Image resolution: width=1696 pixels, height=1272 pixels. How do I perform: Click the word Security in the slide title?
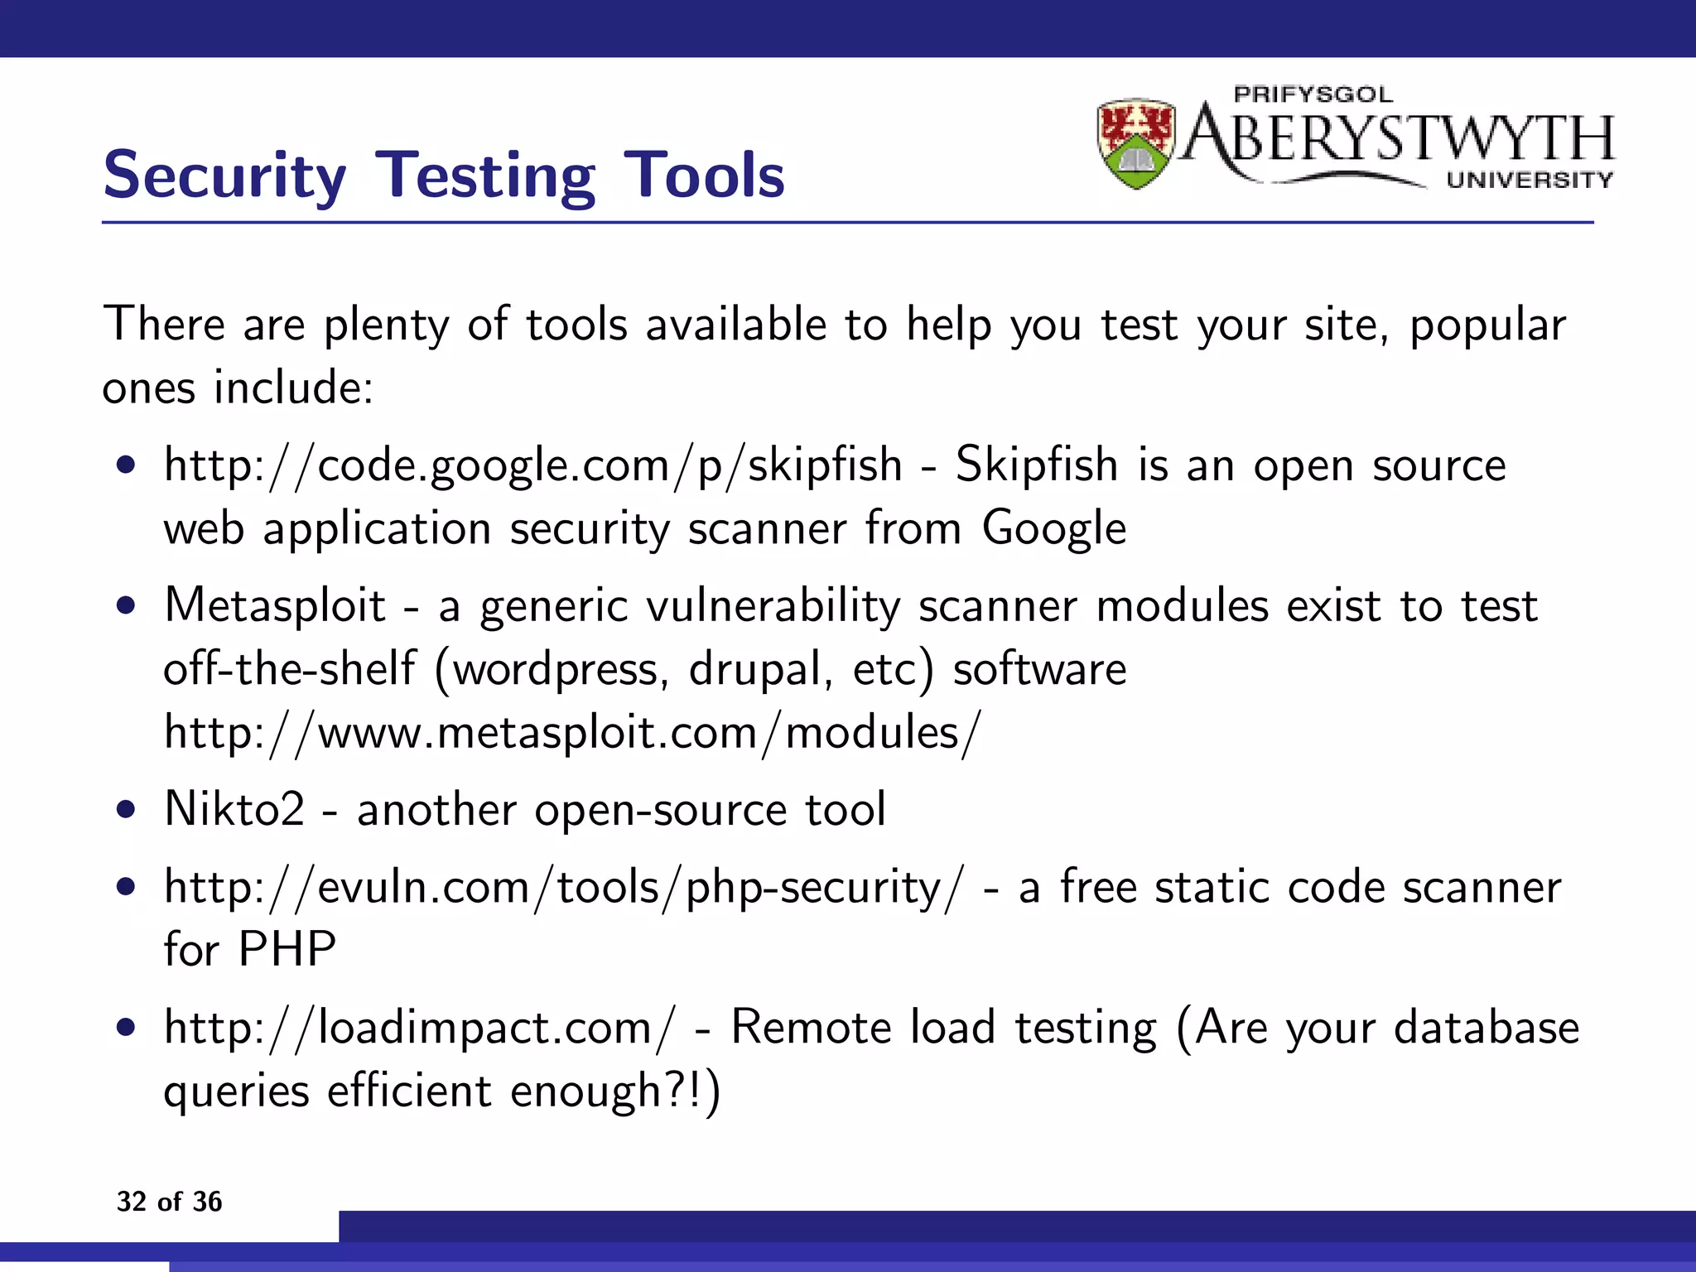click(224, 176)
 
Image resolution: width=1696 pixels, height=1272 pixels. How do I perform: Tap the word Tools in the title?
click(703, 176)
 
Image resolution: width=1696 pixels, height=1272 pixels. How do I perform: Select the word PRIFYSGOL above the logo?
click(1313, 94)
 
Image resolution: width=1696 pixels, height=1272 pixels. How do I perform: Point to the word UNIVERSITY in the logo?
click(1530, 180)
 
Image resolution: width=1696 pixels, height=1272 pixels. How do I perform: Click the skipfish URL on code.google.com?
click(532, 465)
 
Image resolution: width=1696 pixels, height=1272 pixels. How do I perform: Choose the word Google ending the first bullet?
click(1053, 528)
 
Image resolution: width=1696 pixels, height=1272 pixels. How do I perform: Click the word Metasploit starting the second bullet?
click(275, 605)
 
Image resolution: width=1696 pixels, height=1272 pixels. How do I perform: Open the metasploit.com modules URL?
click(571, 733)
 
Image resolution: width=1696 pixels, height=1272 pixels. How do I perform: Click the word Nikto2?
click(234, 809)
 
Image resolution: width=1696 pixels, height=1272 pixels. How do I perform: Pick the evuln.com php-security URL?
click(564, 888)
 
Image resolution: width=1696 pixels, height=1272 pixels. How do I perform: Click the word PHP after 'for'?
click(287, 949)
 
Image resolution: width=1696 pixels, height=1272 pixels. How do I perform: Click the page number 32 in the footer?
click(131, 1202)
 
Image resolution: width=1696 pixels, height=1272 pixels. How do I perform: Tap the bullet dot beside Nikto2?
click(126, 809)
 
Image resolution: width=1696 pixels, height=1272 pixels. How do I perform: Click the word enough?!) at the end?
click(614, 1091)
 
